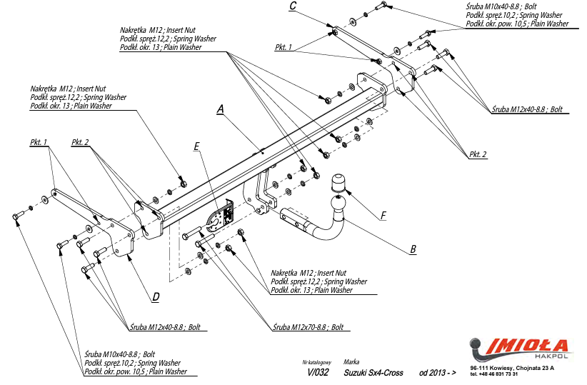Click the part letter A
tap(221, 109)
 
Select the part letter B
tap(413, 249)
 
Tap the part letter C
tap(293, 6)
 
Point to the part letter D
tap(156, 297)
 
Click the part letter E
tap(196, 146)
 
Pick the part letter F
tap(383, 216)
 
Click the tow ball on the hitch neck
tap(337, 205)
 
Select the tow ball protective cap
tap(338, 182)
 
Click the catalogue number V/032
tap(318, 372)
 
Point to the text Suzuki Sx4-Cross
tap(373, 373)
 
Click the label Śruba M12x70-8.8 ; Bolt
tap(308, 327)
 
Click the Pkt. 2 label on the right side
tap(478, 154)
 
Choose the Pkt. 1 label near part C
tap(283, 47)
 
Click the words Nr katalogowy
tap(317, 362)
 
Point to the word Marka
tap(351, 361)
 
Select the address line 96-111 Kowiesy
tap(512, 368)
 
